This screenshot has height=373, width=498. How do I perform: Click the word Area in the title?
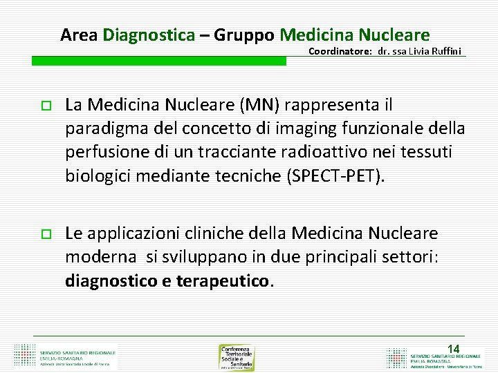coord(79,35)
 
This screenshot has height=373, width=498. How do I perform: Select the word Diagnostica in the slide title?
coord(149,35)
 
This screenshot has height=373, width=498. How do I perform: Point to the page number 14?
coord(454,349)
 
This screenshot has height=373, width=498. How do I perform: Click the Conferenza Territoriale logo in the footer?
coord(237,357)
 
